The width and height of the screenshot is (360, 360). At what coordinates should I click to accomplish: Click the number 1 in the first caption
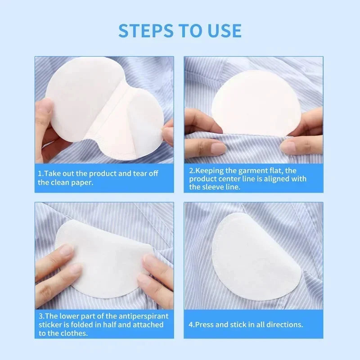[40, 174]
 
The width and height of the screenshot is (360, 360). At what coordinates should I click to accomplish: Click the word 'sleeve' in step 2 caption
[215, 187]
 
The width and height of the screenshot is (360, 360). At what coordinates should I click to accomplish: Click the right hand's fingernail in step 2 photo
[288, 145]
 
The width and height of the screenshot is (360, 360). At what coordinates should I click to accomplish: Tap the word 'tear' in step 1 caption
[142, 174]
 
